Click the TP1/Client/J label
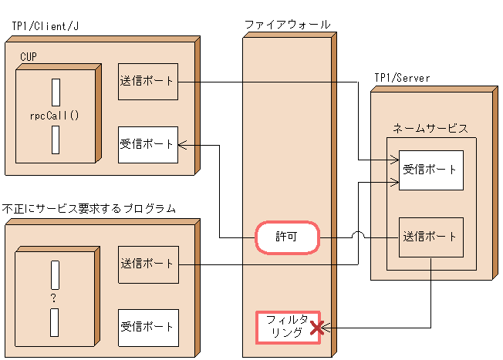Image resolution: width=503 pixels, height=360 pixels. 46,25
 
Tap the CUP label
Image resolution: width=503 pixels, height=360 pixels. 29,57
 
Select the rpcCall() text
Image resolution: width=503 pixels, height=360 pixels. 56,116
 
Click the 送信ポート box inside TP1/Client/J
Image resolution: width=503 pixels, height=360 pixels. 148,81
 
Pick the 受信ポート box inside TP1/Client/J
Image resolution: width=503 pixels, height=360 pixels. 148,144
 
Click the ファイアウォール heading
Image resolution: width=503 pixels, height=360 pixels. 288,25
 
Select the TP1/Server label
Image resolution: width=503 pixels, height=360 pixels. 402,78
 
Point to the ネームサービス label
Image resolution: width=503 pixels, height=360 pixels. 430,129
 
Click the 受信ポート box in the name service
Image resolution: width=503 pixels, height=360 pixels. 430,171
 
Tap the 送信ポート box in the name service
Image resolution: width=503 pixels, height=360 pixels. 430,237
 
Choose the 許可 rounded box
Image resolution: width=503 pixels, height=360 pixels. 287,238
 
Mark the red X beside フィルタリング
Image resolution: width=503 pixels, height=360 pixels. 315,329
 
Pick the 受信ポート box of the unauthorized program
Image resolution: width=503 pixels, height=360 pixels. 148,328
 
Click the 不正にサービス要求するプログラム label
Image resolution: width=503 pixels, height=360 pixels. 89,209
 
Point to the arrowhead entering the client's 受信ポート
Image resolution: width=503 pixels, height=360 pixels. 183,144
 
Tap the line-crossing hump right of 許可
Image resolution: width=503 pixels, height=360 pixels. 357,236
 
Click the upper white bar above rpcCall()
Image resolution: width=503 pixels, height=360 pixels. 56,92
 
